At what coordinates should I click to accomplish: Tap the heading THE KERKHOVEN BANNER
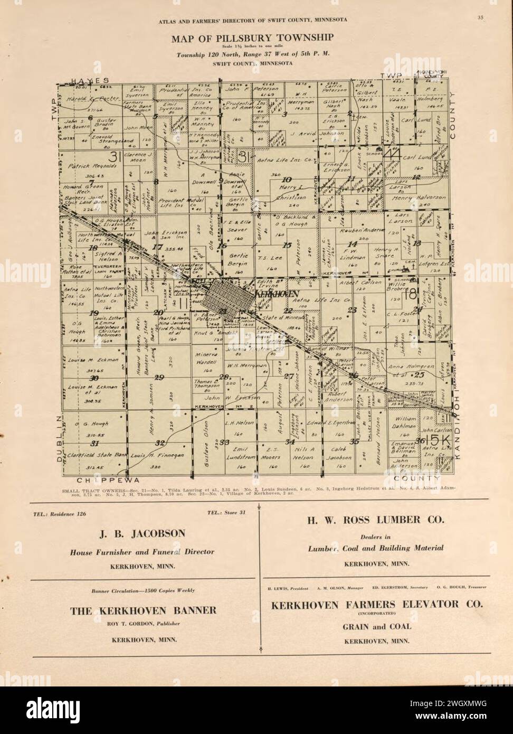[x=143, y=610]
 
